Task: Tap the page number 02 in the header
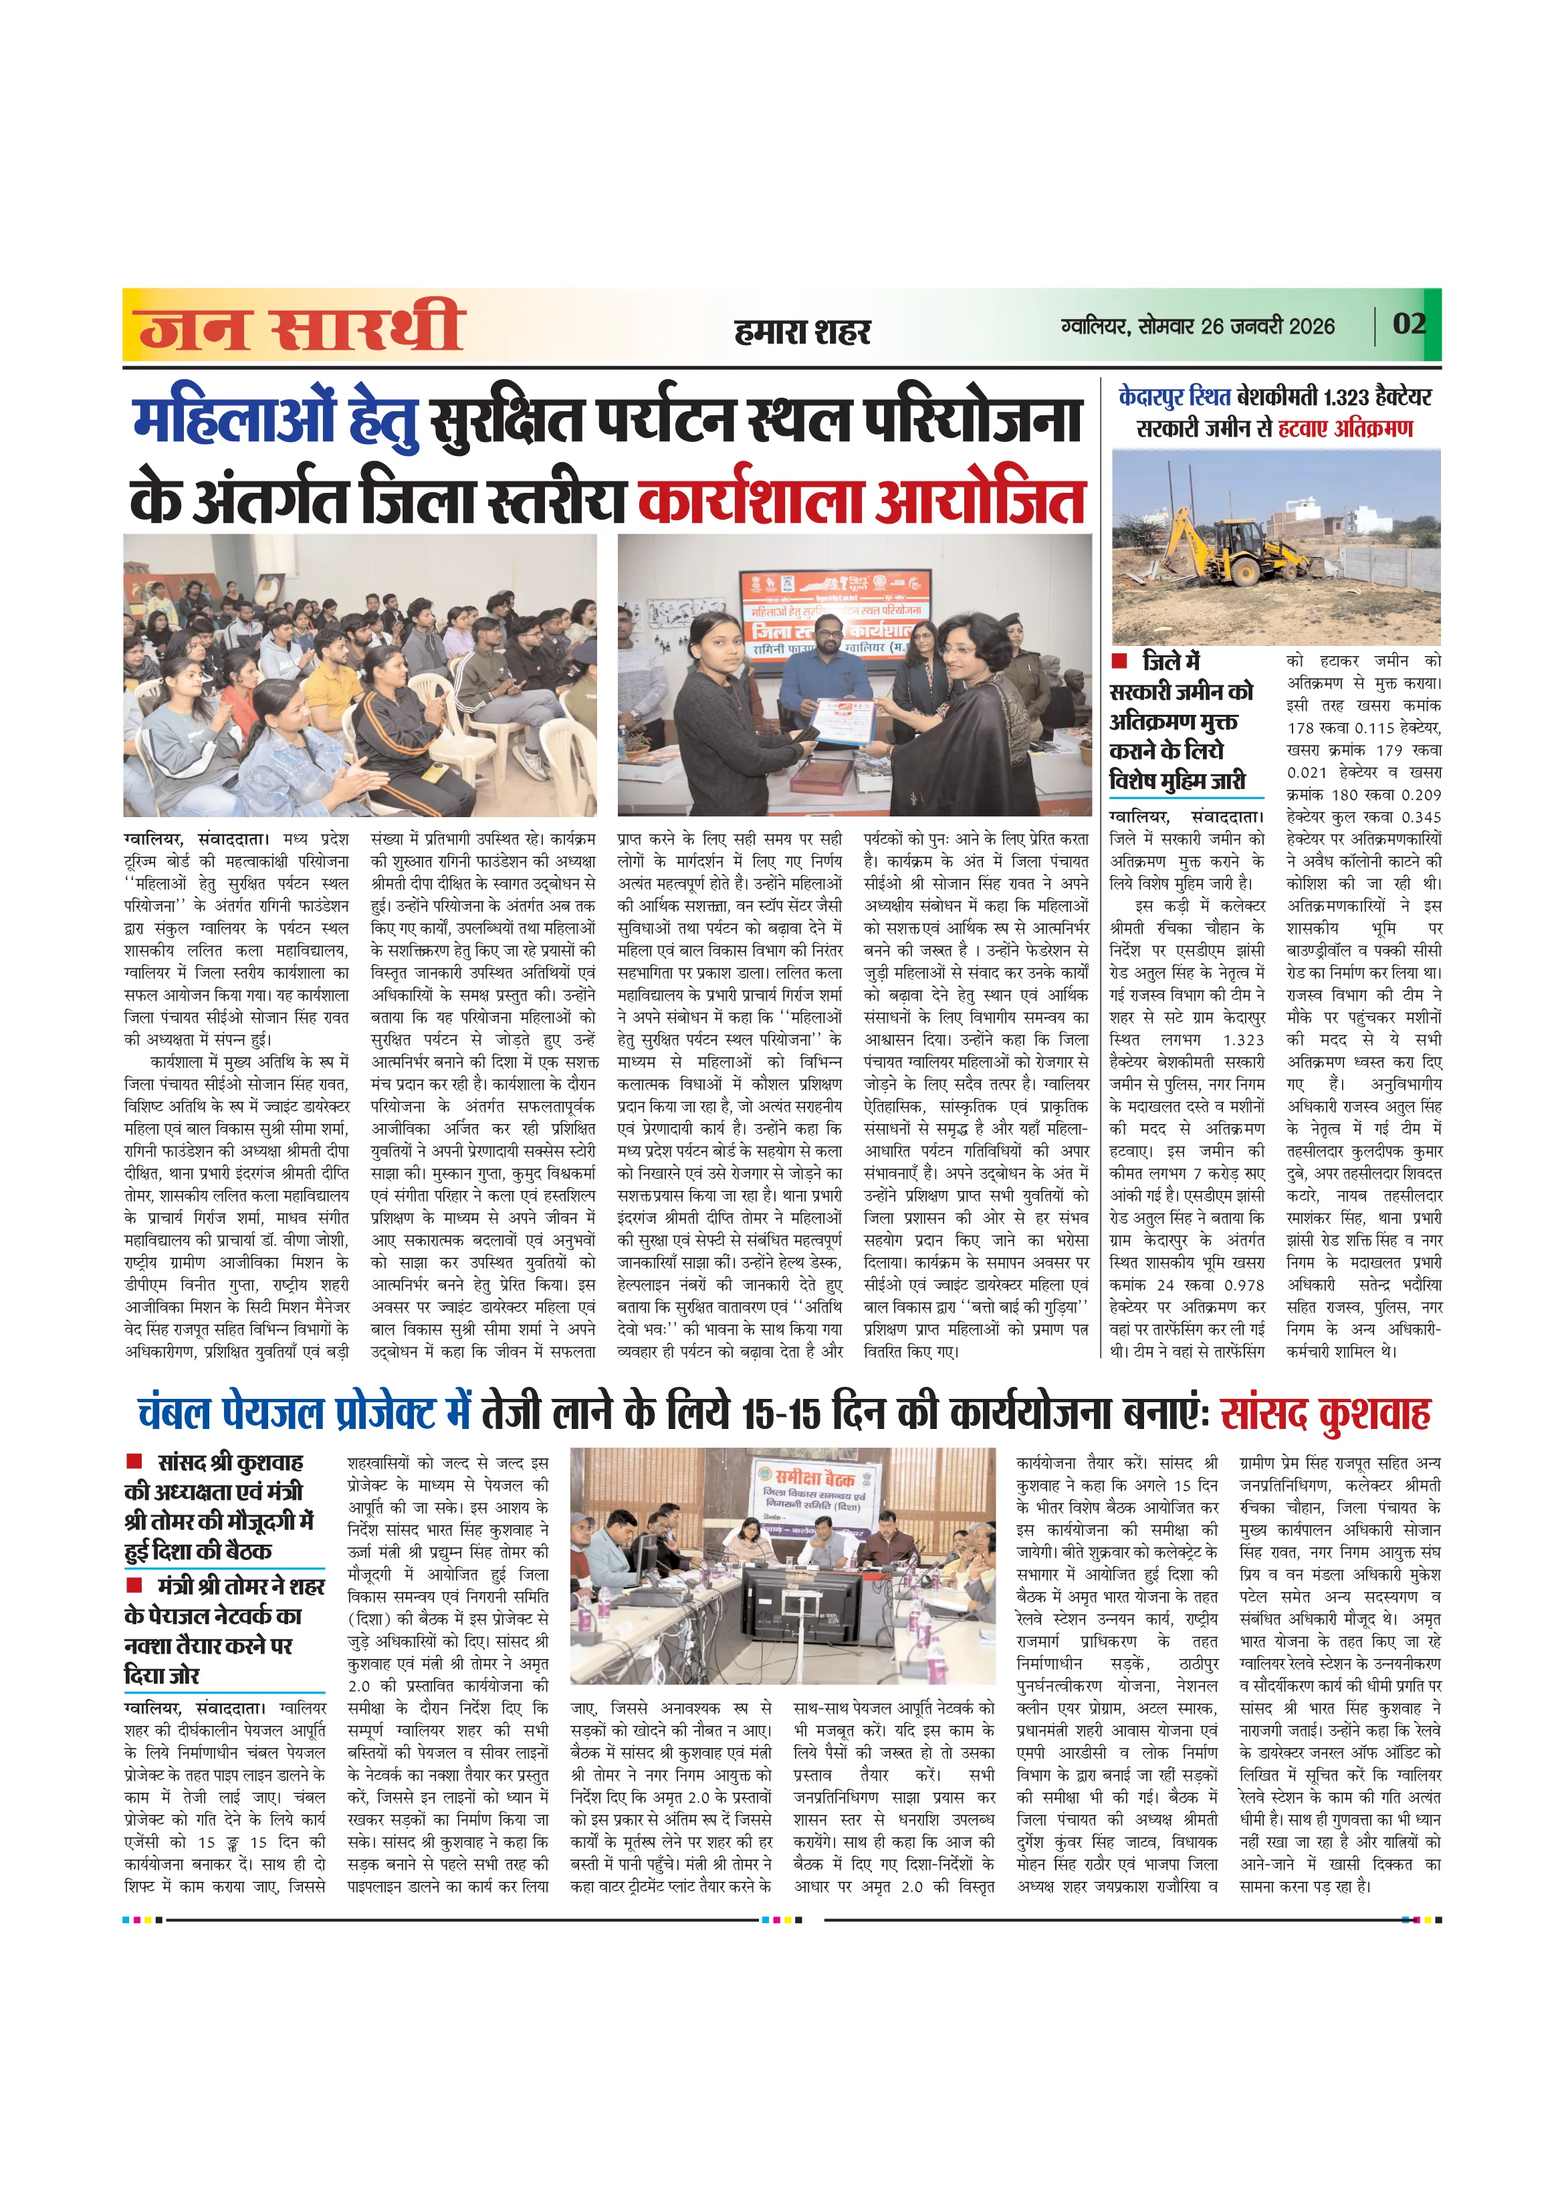1408,324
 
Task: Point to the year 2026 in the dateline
1311,326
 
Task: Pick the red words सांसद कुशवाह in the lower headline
1325,1414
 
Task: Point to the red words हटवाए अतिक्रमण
1345,428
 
